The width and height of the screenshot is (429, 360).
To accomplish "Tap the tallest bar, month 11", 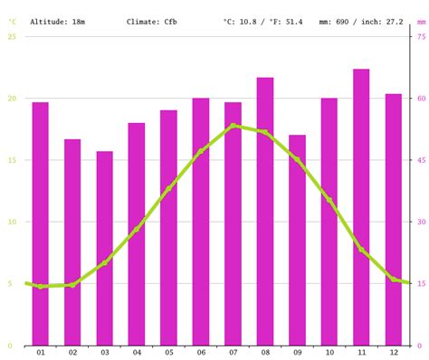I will point(361,207).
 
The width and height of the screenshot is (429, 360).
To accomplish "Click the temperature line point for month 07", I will point(233,126).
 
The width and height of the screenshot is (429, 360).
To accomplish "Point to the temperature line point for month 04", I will point(137,230).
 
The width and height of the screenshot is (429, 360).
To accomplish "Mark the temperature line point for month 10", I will point(329,200).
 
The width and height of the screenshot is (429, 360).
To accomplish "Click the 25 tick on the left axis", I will point(12,36).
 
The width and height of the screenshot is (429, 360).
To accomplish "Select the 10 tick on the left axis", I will point(12,222).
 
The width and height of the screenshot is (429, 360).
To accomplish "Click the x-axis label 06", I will point(200,353).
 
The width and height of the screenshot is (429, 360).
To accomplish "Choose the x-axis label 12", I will point(393,353).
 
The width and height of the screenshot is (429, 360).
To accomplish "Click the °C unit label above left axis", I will point(12,20).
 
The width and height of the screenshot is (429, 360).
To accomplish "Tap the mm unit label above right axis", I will point(420,20).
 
